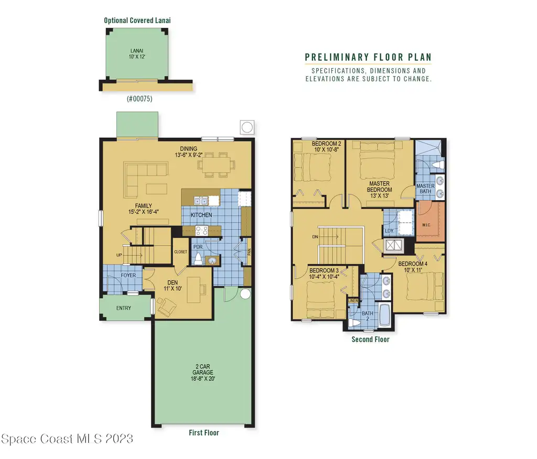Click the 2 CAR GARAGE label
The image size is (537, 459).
click(x=203, y=373)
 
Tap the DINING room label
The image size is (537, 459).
click(x=189, y=151)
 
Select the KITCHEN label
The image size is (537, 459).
click(x=201, y=215)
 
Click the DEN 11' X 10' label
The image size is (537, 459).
click(x=173, y=286)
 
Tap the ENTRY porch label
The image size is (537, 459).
click(x=124, y=308)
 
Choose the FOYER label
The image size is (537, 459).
click(x=128, y=275)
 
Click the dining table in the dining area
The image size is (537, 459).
click(x=217, y=165)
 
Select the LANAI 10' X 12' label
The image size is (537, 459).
click(x=137, y=54)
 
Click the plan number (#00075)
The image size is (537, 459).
click(x=139, y=99)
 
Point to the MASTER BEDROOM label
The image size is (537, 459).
click(x=380, y=190)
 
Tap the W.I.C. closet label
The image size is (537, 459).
click(x=426, y=225)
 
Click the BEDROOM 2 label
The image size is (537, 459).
click(x=326, y=147)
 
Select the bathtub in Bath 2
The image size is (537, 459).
click(x=384, y=315)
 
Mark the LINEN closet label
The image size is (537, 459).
click(x=353, y=301)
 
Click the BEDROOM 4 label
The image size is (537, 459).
click(x=413, y=267)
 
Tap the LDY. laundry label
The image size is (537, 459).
click(x=390, y=231)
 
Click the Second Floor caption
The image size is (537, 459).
click(x=371, y=340)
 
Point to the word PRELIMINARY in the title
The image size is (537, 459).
click(x=337, y=57)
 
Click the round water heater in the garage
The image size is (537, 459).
click(x=245, y=293)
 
